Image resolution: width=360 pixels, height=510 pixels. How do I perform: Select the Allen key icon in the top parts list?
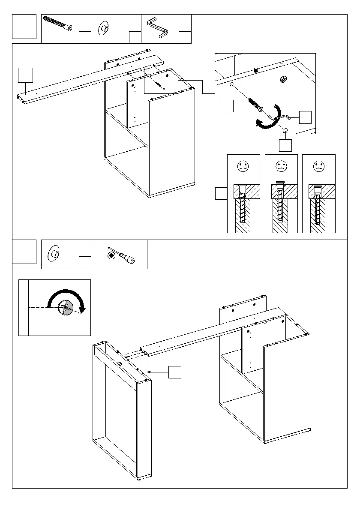(159, 28)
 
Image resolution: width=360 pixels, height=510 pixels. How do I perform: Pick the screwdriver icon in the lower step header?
(121, 256)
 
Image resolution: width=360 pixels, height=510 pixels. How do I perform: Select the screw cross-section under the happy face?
(243, 208)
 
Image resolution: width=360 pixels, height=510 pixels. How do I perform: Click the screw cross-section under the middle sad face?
(281, 208)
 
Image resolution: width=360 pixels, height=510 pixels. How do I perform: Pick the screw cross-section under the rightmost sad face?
(318, 208)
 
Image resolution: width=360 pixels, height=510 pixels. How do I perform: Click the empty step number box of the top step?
(24, 27)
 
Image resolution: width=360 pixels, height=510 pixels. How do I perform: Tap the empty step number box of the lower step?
(24, 252)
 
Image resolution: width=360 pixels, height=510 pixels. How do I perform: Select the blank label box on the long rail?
(26, 75)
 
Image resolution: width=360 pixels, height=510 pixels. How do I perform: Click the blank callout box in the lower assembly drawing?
(175, 372)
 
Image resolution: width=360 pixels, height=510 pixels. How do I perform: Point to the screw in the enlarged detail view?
(254, 104)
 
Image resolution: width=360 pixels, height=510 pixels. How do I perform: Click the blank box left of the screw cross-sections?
(221, 193)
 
